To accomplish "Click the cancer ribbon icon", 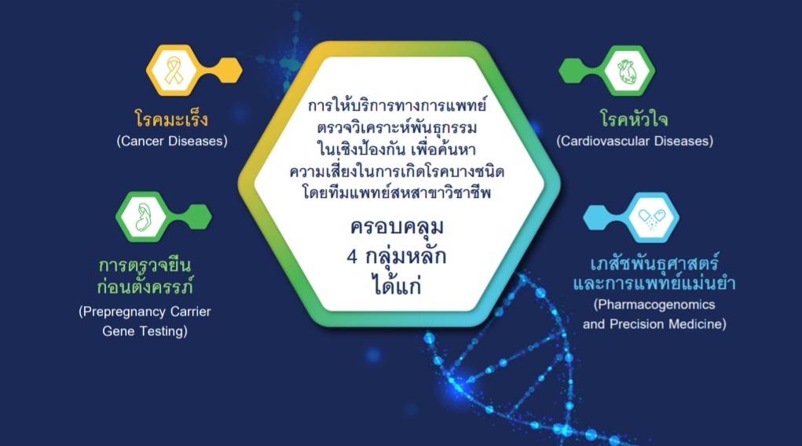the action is coord(174,70).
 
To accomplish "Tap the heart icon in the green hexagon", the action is coord(627,71).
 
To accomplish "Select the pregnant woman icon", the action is coord(144,218).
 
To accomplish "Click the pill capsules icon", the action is coord(651,218).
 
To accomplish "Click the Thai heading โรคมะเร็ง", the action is coord(172,119).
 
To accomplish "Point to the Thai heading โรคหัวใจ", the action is coord(634,119).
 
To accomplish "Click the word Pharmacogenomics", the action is coord(656,305).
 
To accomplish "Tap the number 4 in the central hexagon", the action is coord(352,256).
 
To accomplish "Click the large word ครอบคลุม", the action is coord(397,226).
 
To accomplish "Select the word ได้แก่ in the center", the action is coord(397,284).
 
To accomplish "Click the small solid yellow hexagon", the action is coord(228,70).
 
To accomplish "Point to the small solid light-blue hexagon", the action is coord(598,218).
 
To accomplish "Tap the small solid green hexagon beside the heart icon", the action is coord(573,71).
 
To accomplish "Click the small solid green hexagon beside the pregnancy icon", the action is coord(197,217).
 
